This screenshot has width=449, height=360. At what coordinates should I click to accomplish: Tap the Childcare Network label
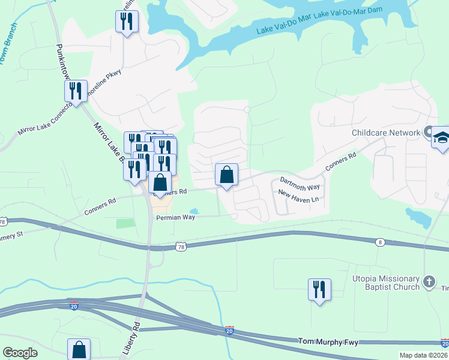(385, 133)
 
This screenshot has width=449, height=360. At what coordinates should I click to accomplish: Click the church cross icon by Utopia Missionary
(429, 281)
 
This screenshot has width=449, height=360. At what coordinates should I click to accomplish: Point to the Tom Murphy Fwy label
(328, 341)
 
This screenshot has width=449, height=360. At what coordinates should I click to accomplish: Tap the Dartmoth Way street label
(300, 184)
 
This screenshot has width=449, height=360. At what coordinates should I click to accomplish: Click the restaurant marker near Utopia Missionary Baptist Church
(319, 289)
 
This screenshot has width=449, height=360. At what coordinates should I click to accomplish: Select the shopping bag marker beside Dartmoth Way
(227, 175)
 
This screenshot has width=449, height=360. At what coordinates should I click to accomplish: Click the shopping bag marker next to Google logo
(79, 349)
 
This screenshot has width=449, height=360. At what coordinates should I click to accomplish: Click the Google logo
(20, 353)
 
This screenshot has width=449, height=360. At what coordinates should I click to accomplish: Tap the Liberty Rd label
(136, 334)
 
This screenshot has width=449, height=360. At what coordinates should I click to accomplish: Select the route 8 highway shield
(379, 242)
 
